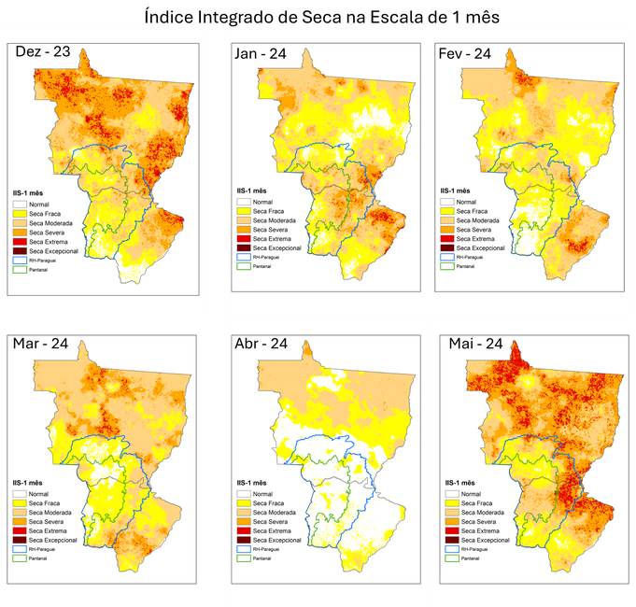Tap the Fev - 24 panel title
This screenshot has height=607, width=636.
tap(464, 53)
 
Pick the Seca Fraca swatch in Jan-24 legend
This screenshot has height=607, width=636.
tap(243, 212)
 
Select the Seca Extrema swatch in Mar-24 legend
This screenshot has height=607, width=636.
tap(20, 531)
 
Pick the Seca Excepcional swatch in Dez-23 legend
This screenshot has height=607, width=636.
tap(20, 250)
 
